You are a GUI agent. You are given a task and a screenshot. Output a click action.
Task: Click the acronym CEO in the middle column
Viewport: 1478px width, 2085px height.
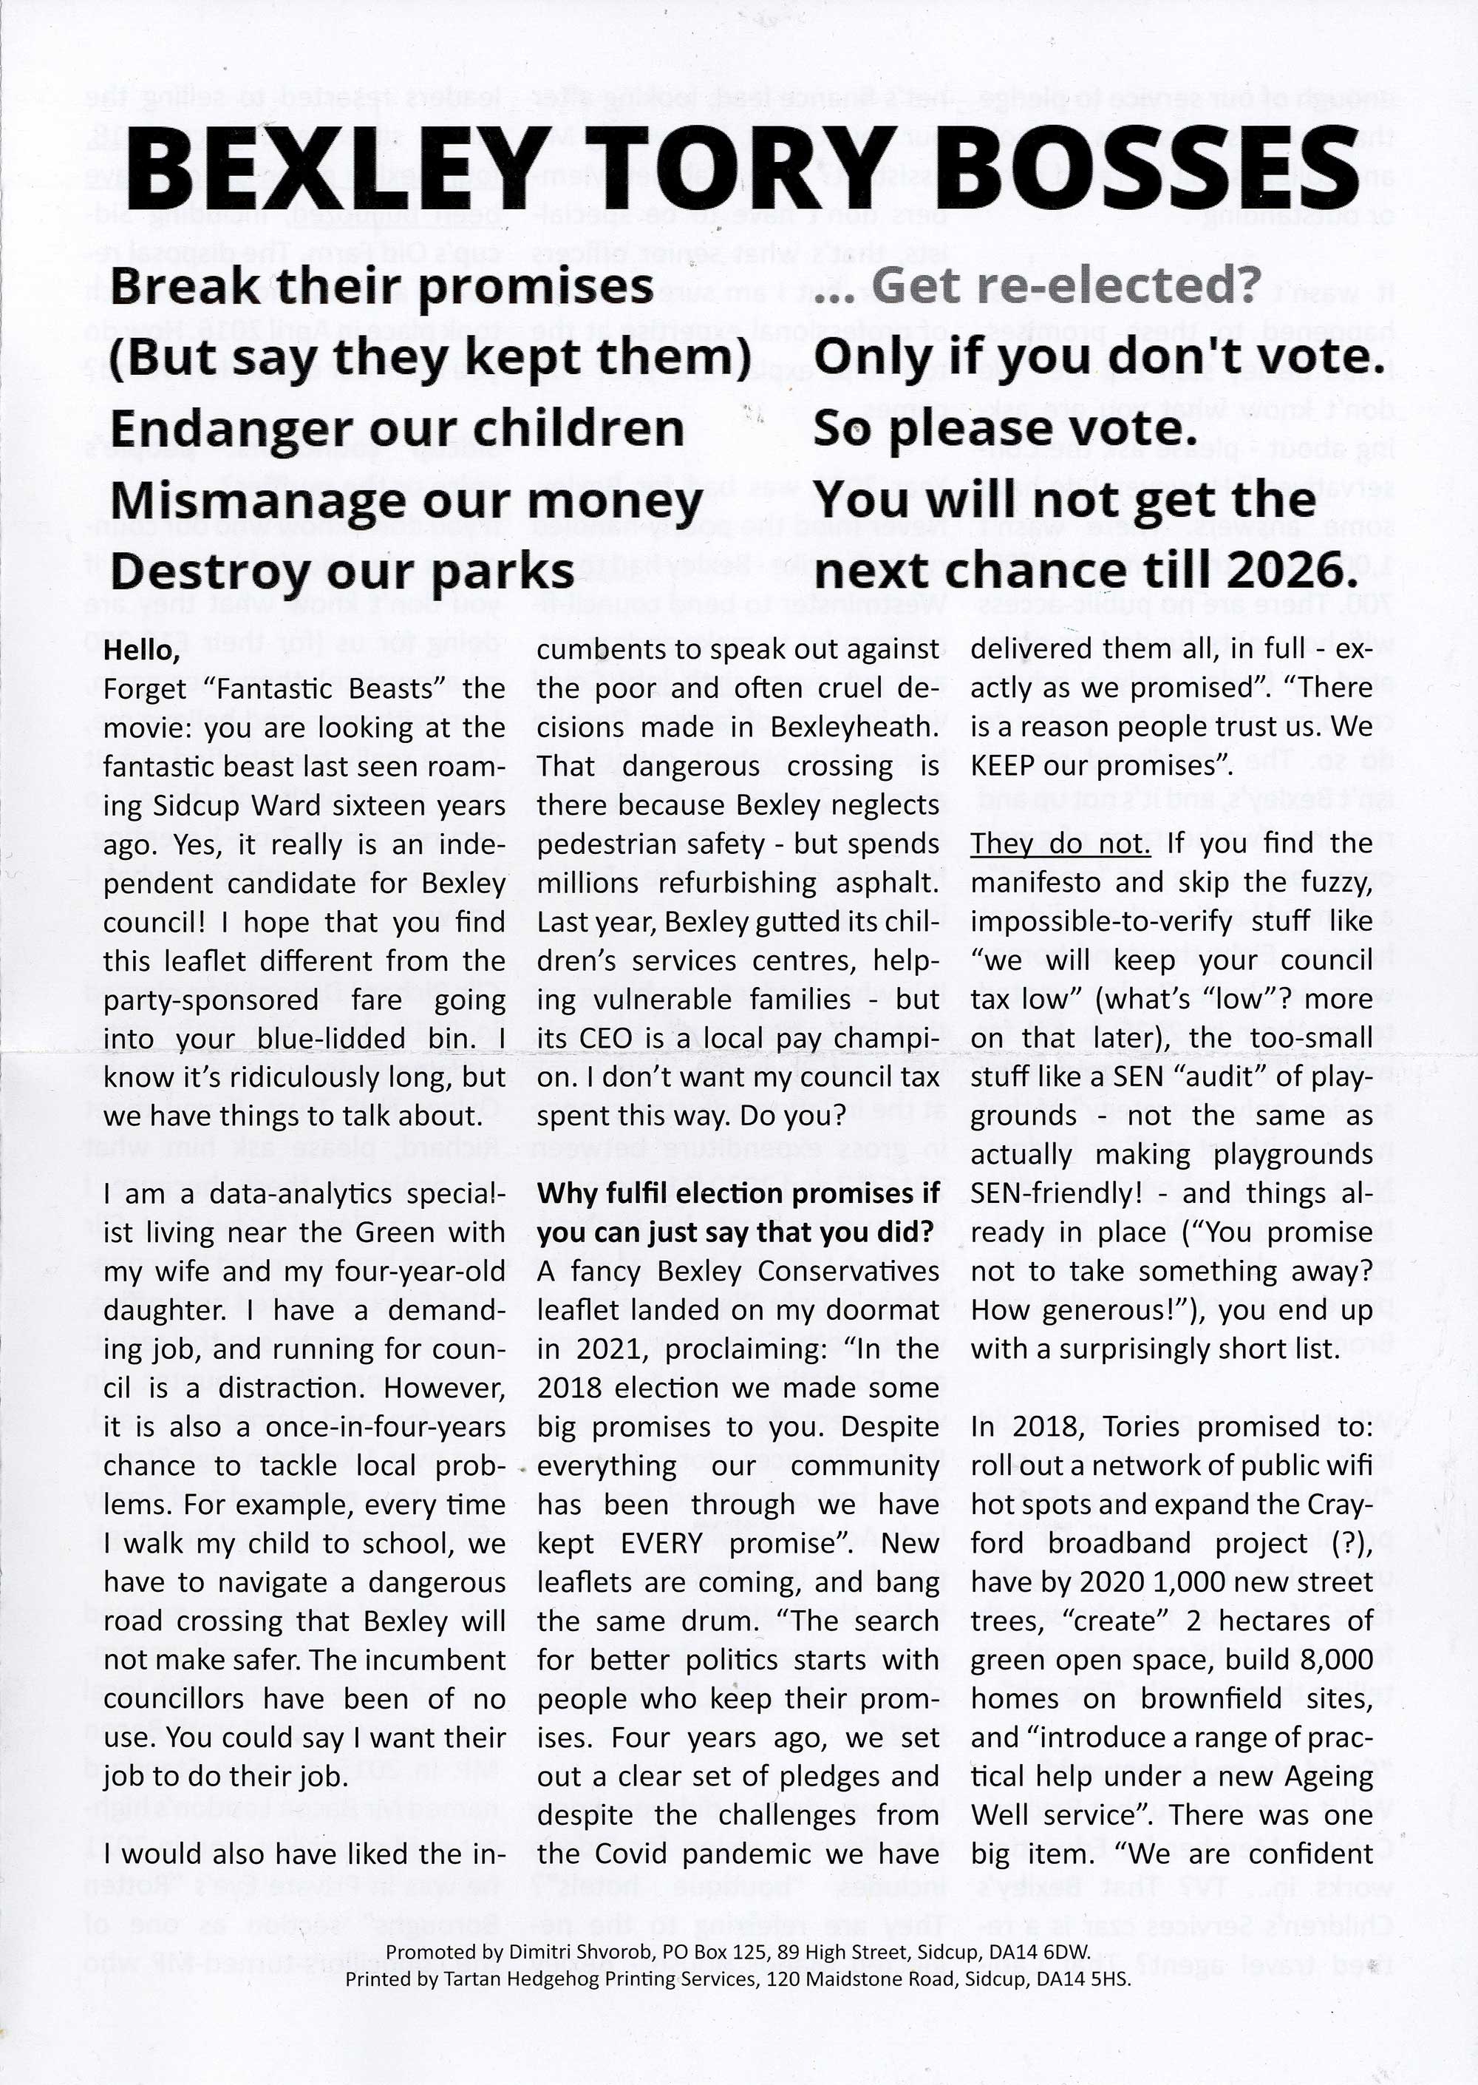click(604, 1039)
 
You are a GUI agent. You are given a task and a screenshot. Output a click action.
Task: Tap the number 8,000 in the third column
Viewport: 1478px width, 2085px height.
click(1336, 1660)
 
